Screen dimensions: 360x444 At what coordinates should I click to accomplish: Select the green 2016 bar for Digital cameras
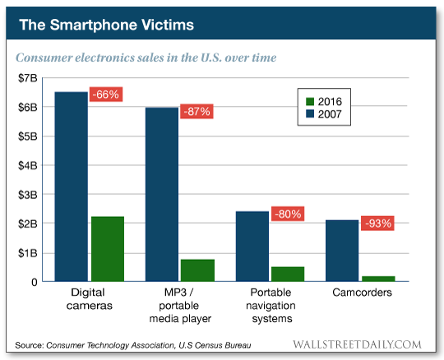tap(107, 249)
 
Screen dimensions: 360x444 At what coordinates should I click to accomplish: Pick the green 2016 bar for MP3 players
tap(197, 270)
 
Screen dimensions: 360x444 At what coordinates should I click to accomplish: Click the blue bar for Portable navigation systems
tap(252, 247)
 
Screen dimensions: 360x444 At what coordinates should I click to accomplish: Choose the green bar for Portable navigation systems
tap(288, 274)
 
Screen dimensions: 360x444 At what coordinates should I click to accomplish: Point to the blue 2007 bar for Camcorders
tap(343, 251)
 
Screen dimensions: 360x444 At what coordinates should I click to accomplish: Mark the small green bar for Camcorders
tap(378, 279)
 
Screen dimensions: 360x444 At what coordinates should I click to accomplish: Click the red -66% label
tap(105, 95)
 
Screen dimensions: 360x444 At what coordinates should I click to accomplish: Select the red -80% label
tap(287, 215)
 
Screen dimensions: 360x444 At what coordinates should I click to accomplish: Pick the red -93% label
tap(377, 223)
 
